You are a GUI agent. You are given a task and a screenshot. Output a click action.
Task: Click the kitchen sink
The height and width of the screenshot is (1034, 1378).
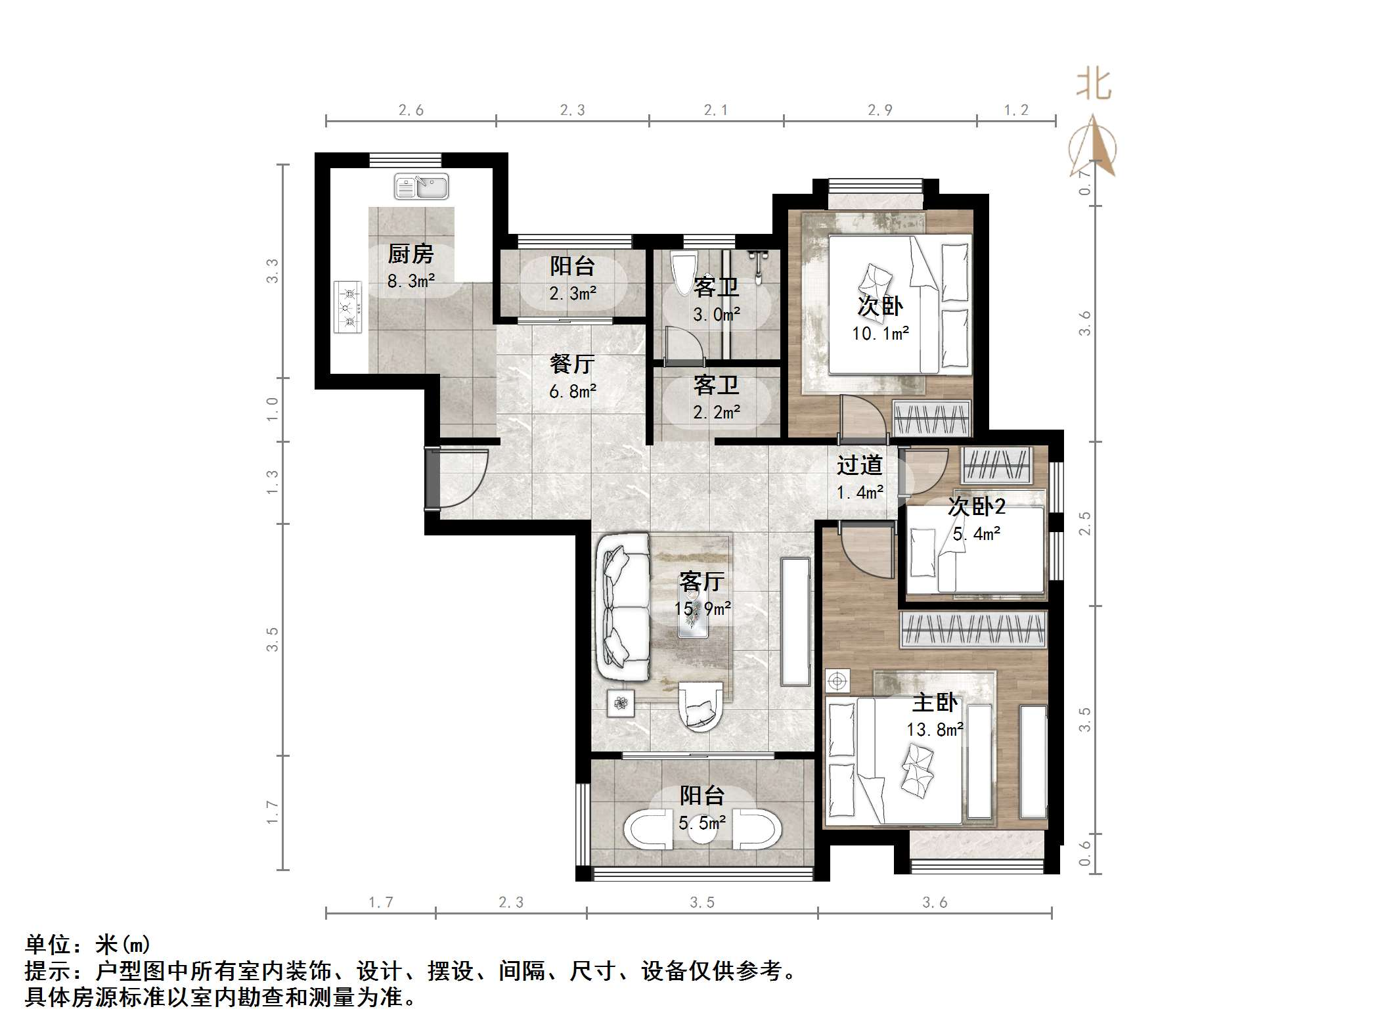(421, 187)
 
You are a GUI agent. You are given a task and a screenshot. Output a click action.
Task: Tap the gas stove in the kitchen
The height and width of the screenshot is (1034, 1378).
(348, 307)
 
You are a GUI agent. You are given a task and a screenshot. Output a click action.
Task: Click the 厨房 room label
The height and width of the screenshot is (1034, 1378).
(411, 254)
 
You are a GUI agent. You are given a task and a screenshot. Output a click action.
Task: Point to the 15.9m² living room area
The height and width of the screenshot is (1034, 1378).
(702, 608)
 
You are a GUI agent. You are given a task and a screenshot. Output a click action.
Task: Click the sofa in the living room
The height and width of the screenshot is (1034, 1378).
(622, 607)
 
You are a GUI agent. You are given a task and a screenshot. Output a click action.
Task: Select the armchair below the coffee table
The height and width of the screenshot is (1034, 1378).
(700, 706)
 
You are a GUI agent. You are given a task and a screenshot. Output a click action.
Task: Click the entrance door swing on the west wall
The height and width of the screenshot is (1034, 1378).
(460, 478)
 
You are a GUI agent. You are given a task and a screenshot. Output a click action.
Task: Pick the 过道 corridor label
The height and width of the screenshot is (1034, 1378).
(859, 465)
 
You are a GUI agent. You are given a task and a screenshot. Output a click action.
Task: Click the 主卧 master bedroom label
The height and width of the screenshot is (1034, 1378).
(935, 702)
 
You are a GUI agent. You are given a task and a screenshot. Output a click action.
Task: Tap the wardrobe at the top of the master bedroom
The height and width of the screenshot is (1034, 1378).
(973, 629)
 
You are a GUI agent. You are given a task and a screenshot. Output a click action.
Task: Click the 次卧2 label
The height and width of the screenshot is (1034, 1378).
(977, 506)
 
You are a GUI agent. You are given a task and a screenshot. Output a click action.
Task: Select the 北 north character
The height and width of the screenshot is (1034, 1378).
(1093, 85)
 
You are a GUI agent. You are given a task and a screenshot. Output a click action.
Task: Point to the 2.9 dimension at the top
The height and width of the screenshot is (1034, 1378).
(879, 110)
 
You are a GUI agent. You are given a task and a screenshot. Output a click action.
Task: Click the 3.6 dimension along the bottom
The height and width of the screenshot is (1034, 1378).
(935, 903)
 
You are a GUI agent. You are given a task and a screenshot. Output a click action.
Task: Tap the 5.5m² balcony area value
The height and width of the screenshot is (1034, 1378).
(702, 822)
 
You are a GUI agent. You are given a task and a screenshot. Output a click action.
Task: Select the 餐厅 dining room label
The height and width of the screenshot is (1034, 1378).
(572, 363)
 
